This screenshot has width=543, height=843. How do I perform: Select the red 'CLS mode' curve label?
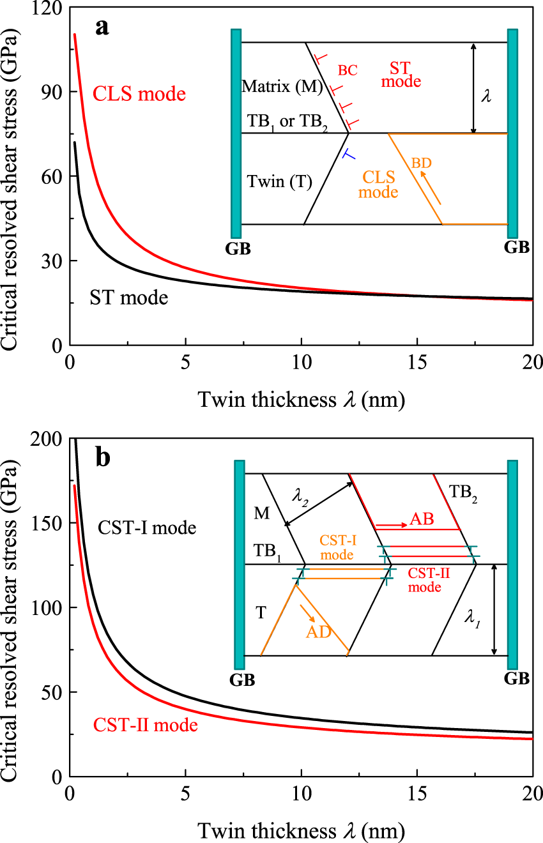[x=139, y=95]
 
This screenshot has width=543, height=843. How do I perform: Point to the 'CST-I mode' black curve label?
[x=146, y=528]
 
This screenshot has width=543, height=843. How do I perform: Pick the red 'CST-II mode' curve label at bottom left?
[x=145, y=725]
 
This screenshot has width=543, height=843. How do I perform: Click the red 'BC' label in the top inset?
[x=348, y=70]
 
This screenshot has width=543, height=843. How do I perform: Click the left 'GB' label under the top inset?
[x=238, y=248]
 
